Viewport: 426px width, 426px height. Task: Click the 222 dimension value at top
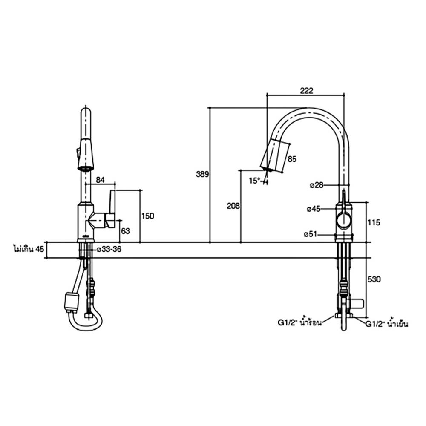(x=307, y=91)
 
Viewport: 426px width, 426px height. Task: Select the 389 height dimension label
(x=202, y=174)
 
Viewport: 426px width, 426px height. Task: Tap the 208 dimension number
(x=233, y=206)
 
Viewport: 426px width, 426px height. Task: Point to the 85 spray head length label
(x=292, y=160)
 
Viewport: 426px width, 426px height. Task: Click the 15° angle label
(x=254, y=181)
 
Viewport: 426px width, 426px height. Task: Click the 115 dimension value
(x=373, y=222)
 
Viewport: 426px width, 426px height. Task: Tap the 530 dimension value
(x=373, y=279)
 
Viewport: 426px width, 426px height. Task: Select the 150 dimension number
(x=147, y=216)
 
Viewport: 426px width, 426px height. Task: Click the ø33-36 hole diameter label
(x=109, y=249)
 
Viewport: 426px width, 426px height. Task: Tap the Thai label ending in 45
(x=29, y=249)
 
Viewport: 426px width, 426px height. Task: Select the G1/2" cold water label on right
(x=387, y=324)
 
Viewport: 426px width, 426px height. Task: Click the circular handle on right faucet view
(x=344, y=221)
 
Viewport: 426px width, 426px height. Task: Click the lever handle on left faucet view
(x=112, y=209)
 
